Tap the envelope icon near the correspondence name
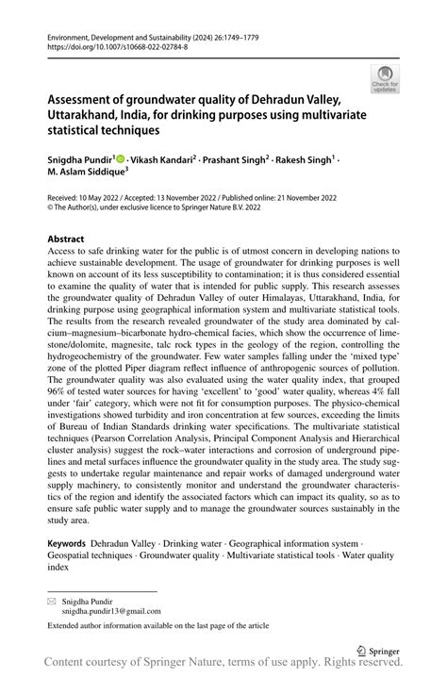tap(52, 601)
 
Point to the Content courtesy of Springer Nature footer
tap(223, 667)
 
